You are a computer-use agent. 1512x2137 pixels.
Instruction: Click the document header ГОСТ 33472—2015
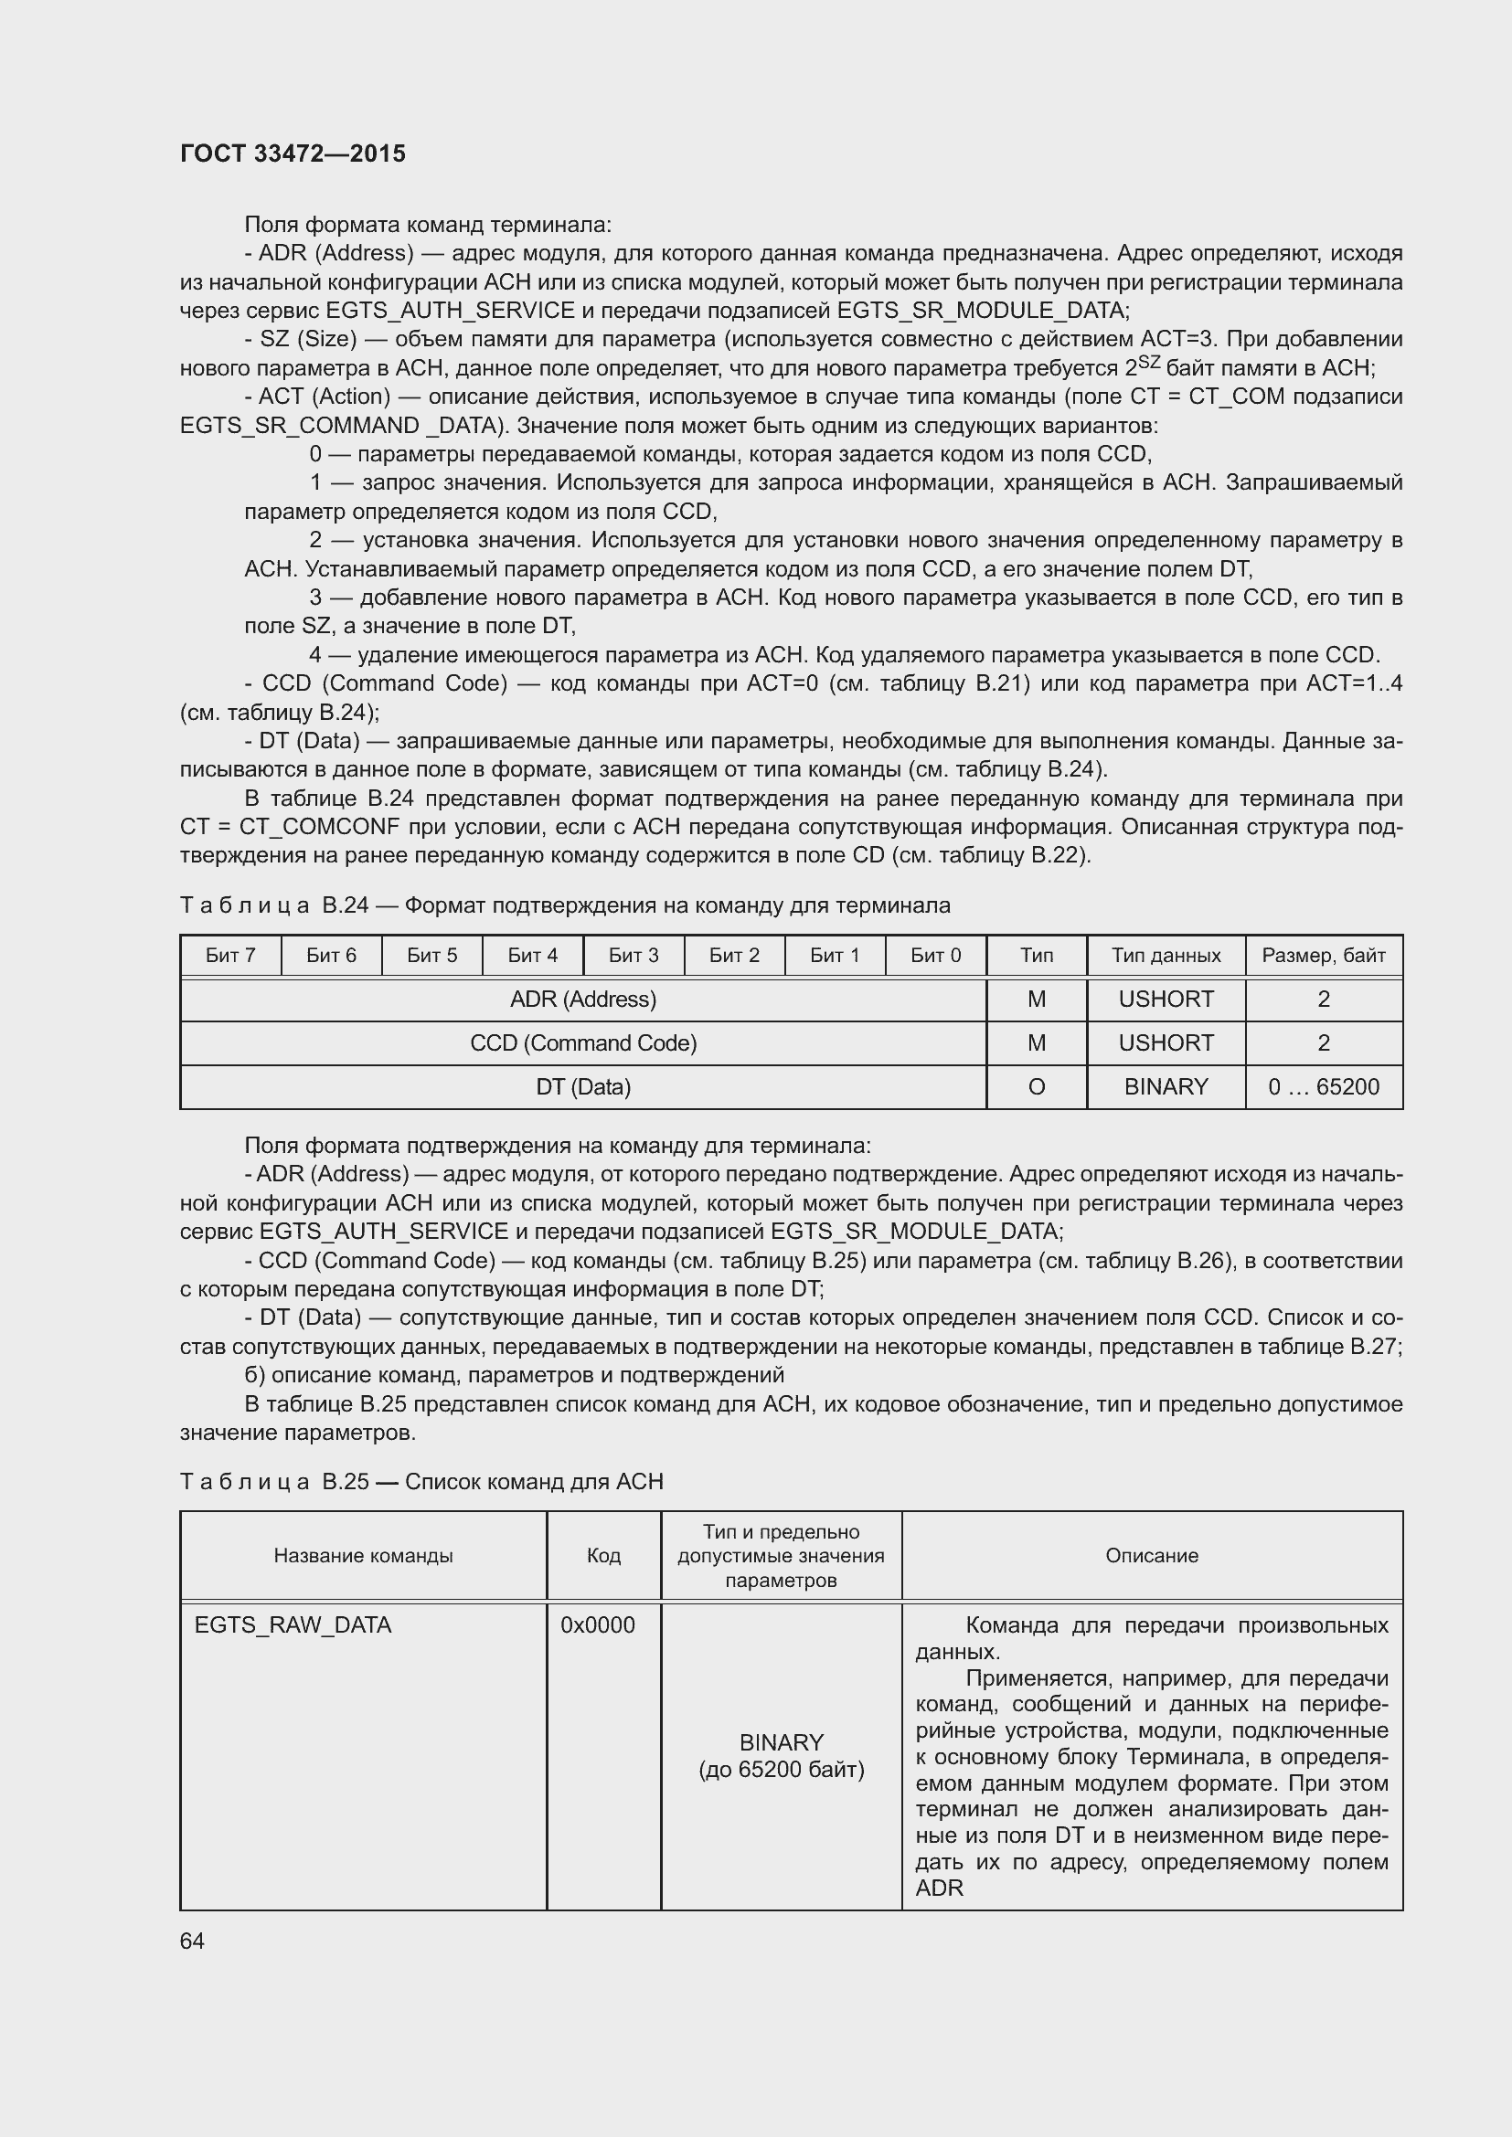(293, 153)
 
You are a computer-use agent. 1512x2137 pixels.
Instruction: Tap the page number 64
(192, 1941)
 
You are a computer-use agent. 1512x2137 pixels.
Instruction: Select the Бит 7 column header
(230, 955)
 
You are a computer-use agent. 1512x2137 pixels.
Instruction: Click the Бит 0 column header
(935, 955)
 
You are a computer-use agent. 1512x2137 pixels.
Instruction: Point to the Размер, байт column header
(1323, 955)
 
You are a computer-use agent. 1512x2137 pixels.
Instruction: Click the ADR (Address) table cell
(583, 1000)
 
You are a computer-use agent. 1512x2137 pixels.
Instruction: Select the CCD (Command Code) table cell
(583, 1043)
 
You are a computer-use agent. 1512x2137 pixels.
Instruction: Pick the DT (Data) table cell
(583, 1087)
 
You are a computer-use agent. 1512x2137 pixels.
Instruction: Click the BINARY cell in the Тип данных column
(1166, 1087)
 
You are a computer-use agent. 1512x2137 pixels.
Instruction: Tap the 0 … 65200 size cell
(1323, 1087)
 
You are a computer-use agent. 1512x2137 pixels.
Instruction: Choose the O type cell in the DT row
(1037, 1087)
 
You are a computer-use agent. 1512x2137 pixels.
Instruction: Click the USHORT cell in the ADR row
(1166, 1000)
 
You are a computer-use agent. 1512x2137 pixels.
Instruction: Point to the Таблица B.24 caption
(564, 905)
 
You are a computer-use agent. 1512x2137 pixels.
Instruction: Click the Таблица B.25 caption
(421, 1482)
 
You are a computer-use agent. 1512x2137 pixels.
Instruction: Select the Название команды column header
(363, 1555)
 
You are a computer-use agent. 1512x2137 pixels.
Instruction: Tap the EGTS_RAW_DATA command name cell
(293, 1625)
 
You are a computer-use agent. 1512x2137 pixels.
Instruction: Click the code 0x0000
(598, 1625)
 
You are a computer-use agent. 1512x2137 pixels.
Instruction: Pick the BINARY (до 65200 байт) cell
(781, 1755)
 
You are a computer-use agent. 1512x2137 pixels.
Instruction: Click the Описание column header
(1152, 1555)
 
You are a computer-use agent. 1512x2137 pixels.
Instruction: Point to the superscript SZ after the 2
(1148, 361)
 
